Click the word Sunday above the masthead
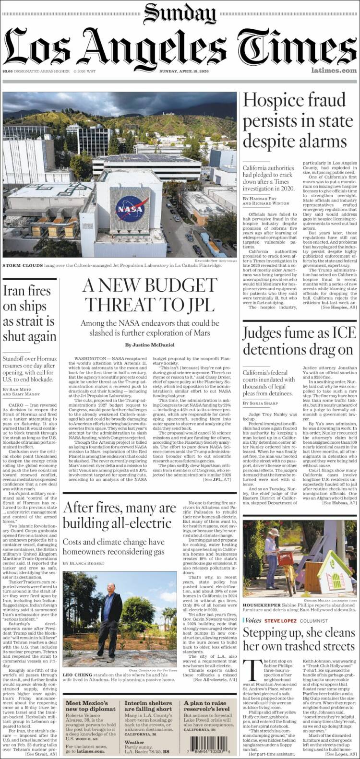[180, 13]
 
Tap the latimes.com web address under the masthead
[334, 71]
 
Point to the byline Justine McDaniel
[150, 344]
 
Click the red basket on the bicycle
[286, 558]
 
